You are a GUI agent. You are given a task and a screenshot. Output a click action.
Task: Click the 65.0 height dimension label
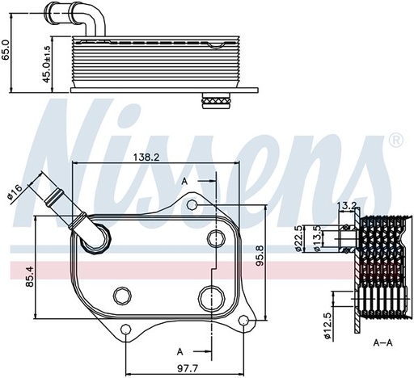pyautogui.click(x=6, y=49)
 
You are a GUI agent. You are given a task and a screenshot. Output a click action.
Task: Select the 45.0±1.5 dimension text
pyautogui.click(x=46, y=64)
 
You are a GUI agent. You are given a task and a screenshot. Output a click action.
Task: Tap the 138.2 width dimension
pyautogui.click(x=146, y=157)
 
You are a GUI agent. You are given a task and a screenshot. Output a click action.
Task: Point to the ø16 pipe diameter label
pyautogui.click(x=15, y=192)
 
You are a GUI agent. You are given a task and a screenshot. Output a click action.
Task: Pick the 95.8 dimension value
pyautogui.click(x=260, y=255)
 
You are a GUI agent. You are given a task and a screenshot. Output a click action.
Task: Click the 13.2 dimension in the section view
pyautogui.click(x=346, y=205)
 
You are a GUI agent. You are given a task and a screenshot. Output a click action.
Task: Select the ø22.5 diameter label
pyautogui.click(x=298, y=238)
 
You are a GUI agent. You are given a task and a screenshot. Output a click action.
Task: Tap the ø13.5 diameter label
pyautogui.click(x=318, y=238)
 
